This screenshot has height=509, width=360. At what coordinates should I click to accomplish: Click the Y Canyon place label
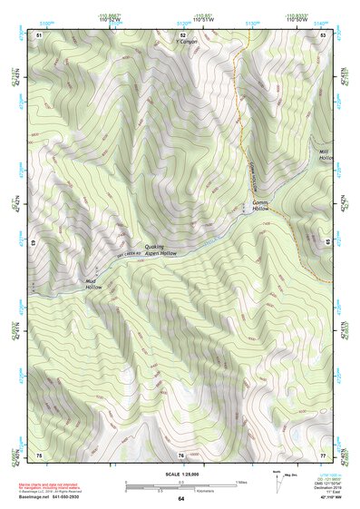pyautogui.click(x=187, y=42)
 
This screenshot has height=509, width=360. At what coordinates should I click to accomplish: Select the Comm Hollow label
pyautogui.click(x=260, y=206)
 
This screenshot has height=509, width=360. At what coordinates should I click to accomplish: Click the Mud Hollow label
pyautogui.click(x=94, y=284)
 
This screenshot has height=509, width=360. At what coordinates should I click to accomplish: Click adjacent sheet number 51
pyautogui.click(x=39, y=34)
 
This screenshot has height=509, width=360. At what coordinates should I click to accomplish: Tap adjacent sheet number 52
pyautogui.click(x=181, y=34)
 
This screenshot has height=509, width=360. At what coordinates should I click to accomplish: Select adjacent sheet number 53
pyautogui.click(x=322, y=34)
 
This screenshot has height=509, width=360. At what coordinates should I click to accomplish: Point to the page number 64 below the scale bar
pyautogui.click(x=180, y=499)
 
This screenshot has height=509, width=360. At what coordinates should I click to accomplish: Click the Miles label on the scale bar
pyautogui.click(x=240, y=482)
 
